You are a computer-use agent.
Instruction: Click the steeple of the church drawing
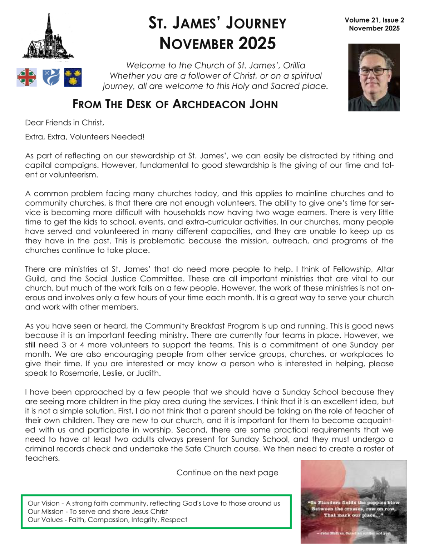tap(49, 25)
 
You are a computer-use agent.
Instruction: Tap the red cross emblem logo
tap(26, 77)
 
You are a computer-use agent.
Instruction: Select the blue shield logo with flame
tap(51, 77)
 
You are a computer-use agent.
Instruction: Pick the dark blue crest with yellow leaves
tap(73, 78)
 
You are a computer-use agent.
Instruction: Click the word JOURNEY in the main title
tap(256, 23)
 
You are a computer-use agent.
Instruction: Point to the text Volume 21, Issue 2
tap(374, 20)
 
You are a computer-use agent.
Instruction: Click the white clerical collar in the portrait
tap(373, 104)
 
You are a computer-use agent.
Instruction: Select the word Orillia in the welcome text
tap(294, 65)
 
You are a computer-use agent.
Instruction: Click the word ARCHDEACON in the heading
tap(209, 104)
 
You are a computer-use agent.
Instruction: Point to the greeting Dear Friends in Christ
tap(65, 123)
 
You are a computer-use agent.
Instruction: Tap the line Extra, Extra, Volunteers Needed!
tap(85, 137)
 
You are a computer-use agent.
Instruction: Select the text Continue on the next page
tap(227, 472)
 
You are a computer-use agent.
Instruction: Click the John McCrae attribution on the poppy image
tap(353, 533)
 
